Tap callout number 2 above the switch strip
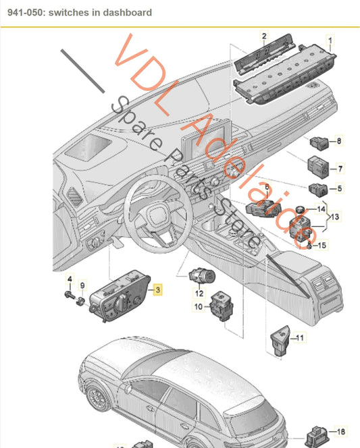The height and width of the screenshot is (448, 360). click(264, 35)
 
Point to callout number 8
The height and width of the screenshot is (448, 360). click(339, 141)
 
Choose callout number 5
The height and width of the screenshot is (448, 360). click(340, 190)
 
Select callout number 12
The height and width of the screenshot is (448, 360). click(199, 293)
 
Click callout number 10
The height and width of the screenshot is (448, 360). click(199, 307)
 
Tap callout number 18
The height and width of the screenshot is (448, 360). click(341, 431)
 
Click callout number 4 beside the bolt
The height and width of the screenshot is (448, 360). click(69, 279)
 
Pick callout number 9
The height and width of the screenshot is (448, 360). click(83, 284)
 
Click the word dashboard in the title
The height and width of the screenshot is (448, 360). click(128, 12)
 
